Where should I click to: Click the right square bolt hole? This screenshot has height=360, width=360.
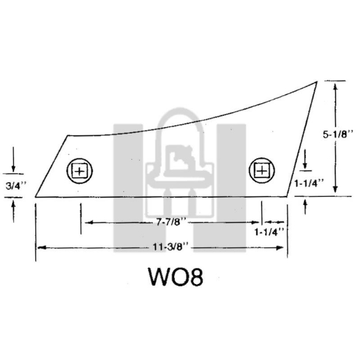coord(261,170)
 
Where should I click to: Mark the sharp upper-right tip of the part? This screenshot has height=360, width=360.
coord(316,82)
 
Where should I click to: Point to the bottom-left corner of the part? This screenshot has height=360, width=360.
coord(36,197)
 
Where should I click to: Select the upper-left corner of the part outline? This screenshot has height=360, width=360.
coord(68,136)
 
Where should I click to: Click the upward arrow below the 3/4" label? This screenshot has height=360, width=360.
coord(13,205)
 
